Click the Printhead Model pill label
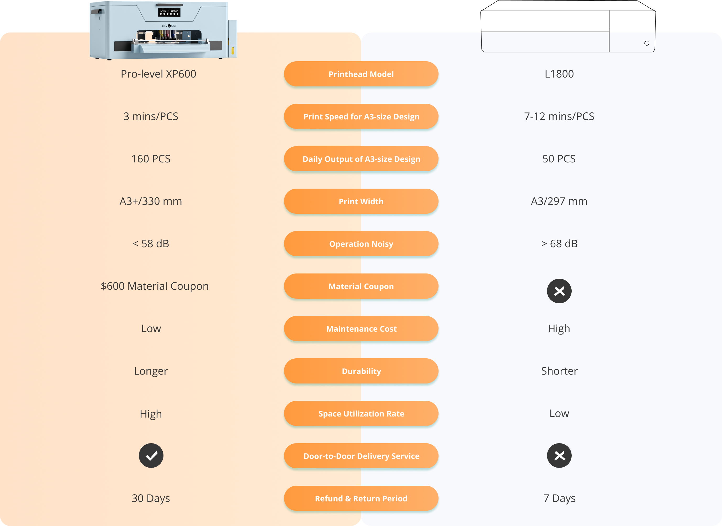point(361,74)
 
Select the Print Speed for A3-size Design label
point(361,117)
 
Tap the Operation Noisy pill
point(361,244)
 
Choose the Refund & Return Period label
point(361,498)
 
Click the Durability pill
point(361,371)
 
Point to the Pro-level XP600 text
point(158,74)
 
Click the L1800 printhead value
point(559,74)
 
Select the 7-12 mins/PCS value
point(559,117)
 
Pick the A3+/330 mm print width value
point(151,201)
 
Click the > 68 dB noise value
point(559,244)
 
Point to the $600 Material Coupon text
point(155,286)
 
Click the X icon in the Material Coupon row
point(559,291)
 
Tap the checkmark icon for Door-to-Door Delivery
point(151,456)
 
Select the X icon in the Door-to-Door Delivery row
point(559,456)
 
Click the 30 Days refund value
point(151,498)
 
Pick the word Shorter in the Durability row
point(559,371)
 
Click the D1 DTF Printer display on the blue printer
point(169,12)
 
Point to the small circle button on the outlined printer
point(647,43)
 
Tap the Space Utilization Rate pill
point(361,413)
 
